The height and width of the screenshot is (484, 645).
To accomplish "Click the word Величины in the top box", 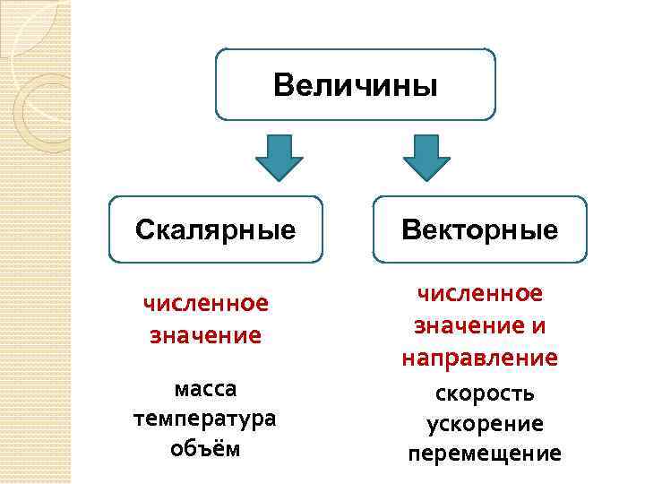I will [x=356, y=86].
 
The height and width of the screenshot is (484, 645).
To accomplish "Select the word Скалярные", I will [x=215, y=230].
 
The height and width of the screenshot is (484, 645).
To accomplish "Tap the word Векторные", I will [x=479, y=230].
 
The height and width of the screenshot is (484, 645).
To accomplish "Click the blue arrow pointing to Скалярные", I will [x=279, y=158].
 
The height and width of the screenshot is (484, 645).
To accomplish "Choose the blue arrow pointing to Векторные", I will [x=426, y=158].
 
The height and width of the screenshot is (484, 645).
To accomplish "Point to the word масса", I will [x=205, y=390].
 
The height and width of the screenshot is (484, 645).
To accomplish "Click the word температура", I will [x=205, y=419].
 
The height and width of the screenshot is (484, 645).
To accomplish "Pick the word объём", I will [x=205, y=447].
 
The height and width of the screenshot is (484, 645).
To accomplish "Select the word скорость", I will [x=485, y=393].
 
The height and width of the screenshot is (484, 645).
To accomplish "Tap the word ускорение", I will [x=485, y=423].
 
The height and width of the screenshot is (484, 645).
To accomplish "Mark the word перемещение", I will [x=485, y=454].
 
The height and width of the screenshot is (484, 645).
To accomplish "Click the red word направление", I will [x=479, y=359].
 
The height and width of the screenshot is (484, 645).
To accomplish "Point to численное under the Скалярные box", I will [x=206, y=304].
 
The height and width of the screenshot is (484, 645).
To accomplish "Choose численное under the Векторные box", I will [x=479, y=293].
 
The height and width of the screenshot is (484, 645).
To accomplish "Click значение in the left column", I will [x=206, y=336].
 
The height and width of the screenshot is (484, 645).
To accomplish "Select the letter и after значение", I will [x=537, y=326].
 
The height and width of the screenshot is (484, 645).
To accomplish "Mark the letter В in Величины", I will [x=284, y=86].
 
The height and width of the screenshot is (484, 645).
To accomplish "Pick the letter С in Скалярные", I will [x=145, y=230].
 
